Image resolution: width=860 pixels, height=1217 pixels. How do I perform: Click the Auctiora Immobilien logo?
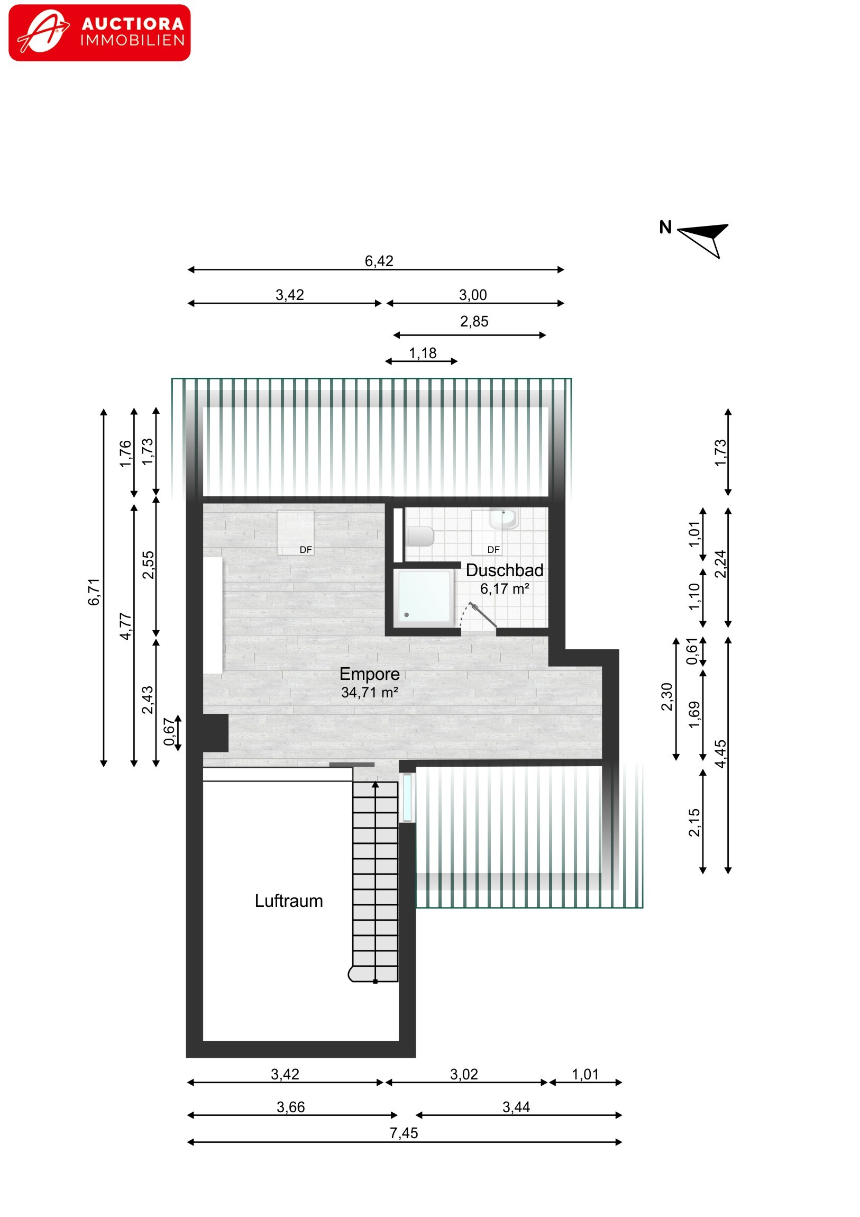(x=99, y=33)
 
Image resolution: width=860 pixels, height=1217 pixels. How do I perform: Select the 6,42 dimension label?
(x=379, y=261)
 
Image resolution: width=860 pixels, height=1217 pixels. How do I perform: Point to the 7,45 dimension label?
(x=404, y=1133)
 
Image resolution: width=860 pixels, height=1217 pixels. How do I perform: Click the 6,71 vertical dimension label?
(x=94, y=592)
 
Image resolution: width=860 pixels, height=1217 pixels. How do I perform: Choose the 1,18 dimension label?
(x=423, y=353)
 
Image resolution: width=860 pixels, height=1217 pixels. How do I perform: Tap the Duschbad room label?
(x=505, y=570)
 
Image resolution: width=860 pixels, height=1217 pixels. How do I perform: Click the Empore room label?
(x=369, y=674)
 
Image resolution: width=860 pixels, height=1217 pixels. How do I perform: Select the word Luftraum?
(x=289, y=901)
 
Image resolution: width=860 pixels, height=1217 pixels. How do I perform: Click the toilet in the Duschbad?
(x=419, y=537)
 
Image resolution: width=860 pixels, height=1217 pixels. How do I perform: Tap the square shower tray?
(x=424, y=597)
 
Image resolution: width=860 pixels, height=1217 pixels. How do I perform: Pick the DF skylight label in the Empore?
(x=306, y=550)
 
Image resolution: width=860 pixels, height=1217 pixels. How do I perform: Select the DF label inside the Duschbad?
(x=493, y=550)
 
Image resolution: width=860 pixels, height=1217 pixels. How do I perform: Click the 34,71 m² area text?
(x=369, y=692)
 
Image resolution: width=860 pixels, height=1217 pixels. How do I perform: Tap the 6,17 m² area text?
(x=505, y=588)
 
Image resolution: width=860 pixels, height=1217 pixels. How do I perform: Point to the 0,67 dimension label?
(x=169, y=731)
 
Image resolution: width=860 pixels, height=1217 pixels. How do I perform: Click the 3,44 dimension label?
(x=516, y=1107)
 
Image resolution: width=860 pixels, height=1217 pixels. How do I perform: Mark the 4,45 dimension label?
(x=720, y=753)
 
